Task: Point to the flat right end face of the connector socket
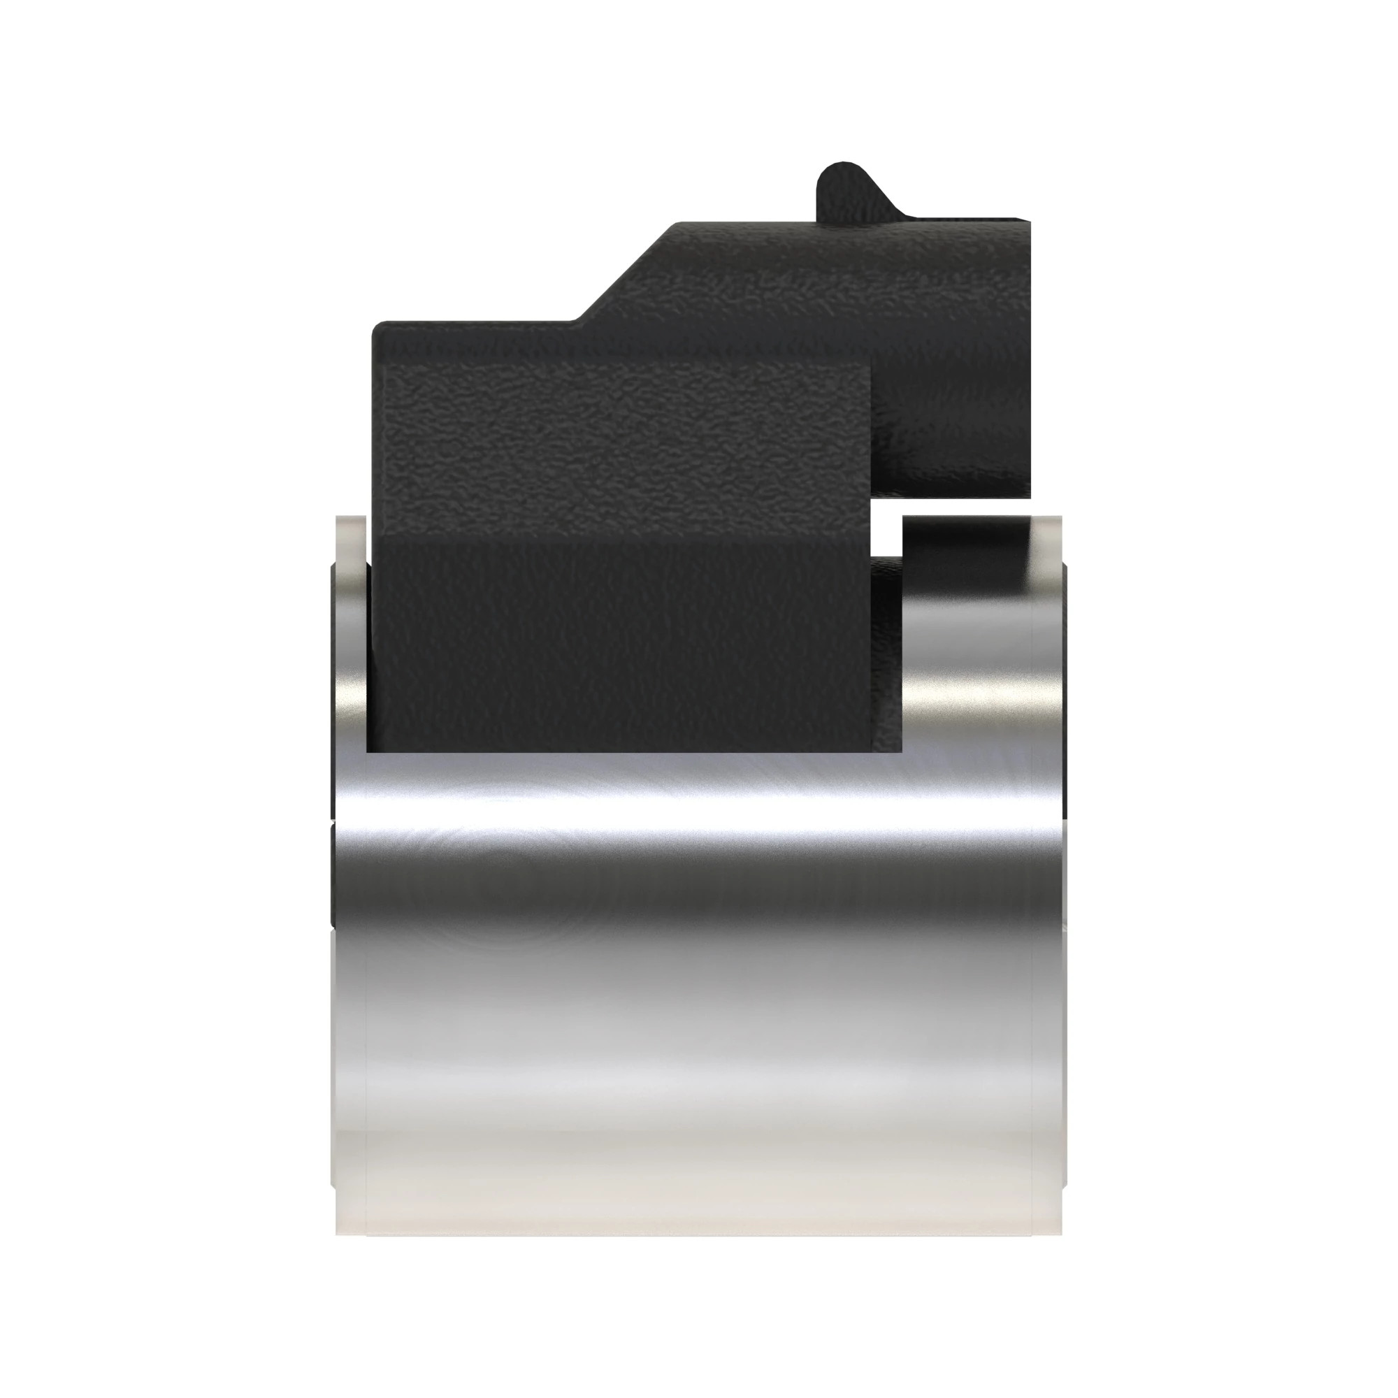[x=1027, y=362]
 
